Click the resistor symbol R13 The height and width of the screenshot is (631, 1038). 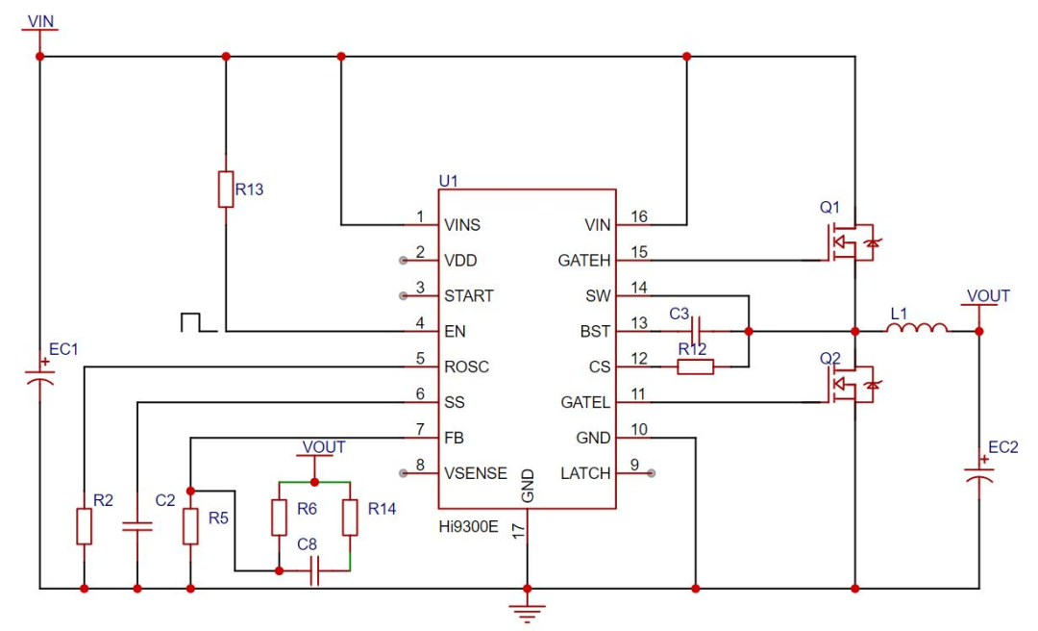pyautogui.click(x=226, y=189)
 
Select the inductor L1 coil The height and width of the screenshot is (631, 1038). pyautogui.click(x=917, y=326)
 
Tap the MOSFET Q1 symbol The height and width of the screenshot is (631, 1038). pyautogui.click(x=852, y=242)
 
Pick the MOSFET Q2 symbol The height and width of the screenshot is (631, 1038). pyautogui.click(x=852, y=385)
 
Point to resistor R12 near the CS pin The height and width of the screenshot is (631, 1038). pyautogui.click(x=696, y=366)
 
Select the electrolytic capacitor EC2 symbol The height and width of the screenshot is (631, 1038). pyautogui.click(x=979, y=472)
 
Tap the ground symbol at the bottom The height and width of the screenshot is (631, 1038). pyautogui.click(x=527, y=613)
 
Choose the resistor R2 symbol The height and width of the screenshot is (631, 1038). pyautogui.click(x=84, y=526)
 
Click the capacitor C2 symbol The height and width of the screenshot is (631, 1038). pyautogui.click(x=137, y=527)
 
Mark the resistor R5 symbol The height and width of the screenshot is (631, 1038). pyautogui.click(x=190, y=526)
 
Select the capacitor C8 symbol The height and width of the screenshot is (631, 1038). pyautogui.click(x=315, y=570)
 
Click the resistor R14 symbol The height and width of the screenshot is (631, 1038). pyautogui.click(x=350, y=517)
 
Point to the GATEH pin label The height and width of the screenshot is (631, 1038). pyautogui.click(x=584, y=261)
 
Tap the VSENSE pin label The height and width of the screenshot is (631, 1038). pyautogui.click(x=476, y=473)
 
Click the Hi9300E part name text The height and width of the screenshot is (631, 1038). pyautogui.click(x=468, y=527)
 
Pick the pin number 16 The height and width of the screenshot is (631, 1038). pyautogui.click(x=639, y=216)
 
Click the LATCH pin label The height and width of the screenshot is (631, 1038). pyautogui.click(x=585, y=473)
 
